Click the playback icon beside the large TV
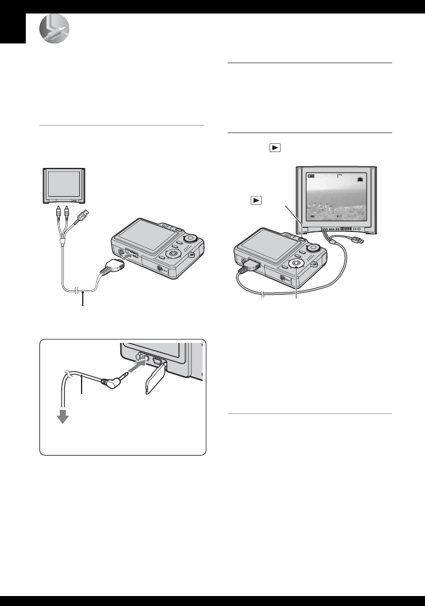255,200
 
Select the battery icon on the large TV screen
310,175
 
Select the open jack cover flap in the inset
154,382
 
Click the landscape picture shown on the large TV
340,200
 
